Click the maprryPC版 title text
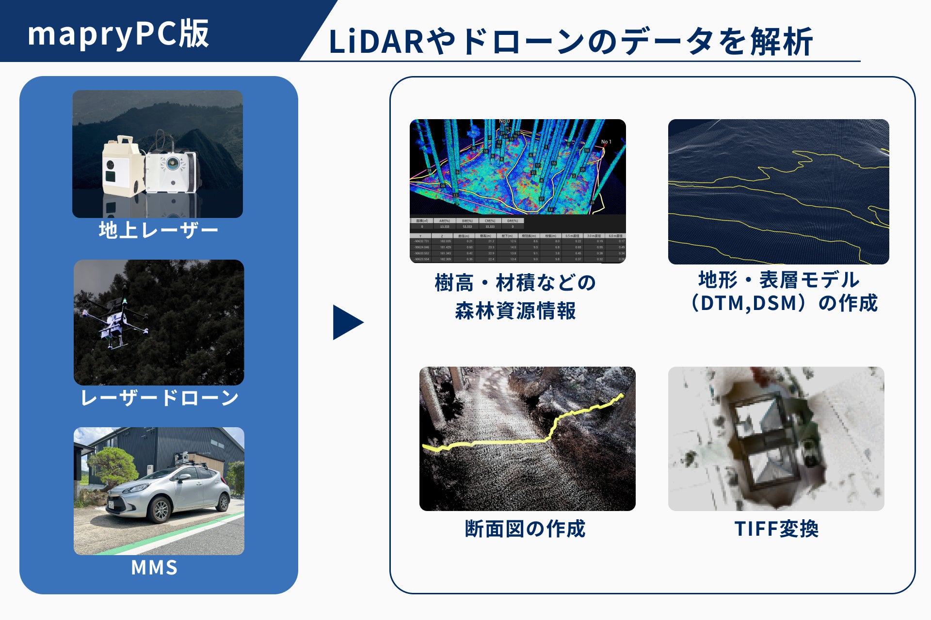(118, 34)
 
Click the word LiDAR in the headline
(376, 42)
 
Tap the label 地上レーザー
(158, 230)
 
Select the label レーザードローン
(159, 398)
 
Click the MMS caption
(155, 568)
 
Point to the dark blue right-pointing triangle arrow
(347, 322)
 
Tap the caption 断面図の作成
(525, 529)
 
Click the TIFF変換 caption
(776, 529)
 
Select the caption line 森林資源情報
(515, 311)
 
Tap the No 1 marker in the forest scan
(606, 142)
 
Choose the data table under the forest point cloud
(517, 240)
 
